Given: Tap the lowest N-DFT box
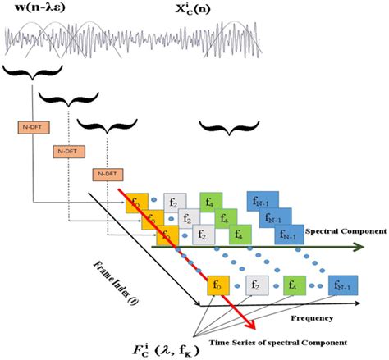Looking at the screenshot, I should (104, 175).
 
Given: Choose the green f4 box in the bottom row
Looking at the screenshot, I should (295, 286).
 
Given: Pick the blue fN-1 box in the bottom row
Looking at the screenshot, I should (340, 286).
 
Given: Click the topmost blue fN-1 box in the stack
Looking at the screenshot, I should (261, 202).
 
